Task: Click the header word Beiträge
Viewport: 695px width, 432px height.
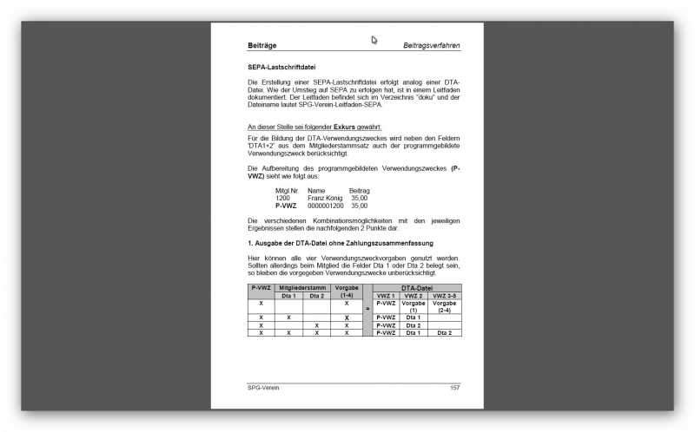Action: pos(263,44)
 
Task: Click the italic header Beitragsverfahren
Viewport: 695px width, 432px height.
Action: pos(431,44)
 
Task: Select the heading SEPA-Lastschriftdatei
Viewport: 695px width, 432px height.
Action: pos(281,67)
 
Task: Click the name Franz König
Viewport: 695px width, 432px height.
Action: pos(326,199)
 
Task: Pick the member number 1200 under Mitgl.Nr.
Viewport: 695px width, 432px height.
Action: pos(282,199)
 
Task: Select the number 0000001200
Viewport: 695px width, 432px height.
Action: pos(326,206)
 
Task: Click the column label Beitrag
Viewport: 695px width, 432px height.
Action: pos(360,191)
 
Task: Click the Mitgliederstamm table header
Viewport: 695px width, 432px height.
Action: pos(303,287)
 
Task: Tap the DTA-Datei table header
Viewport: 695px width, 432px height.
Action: pos(418,287)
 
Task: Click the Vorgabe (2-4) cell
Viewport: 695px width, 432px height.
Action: pos(444,306)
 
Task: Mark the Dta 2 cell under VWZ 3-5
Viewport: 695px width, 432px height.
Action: pos(444,332)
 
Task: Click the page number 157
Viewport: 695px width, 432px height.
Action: pos(454,387)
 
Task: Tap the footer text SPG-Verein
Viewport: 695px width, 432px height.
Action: pos(264,387)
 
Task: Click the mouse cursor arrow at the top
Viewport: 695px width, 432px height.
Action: pos(374,39)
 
